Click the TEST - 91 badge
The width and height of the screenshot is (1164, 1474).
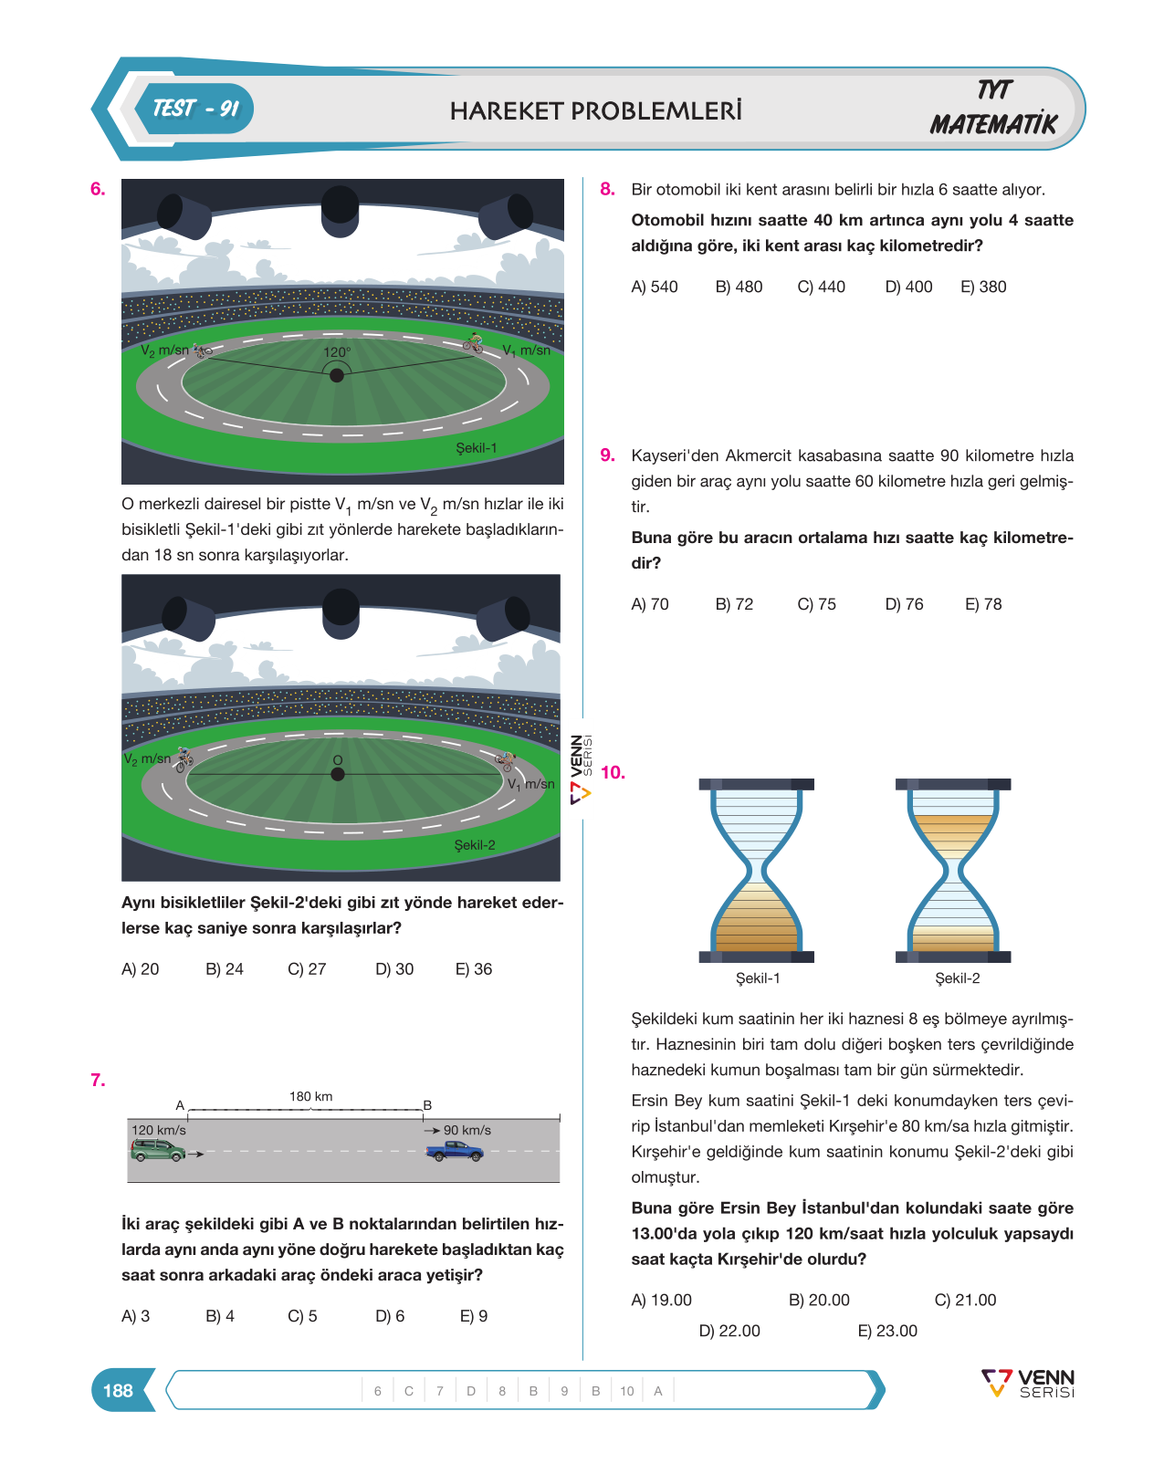[x=194, y=109]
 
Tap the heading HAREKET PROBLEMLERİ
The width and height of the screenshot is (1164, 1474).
[x=595, y=110]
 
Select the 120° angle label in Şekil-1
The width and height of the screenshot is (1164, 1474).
[x=336, y=352]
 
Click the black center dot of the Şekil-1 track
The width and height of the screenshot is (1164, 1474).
[x=336, y=375]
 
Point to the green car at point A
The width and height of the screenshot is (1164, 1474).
[x=158, y=1150]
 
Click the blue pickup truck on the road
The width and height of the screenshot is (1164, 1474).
[x=455, y=1152]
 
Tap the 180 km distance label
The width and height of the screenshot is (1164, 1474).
[x=310, y=1096]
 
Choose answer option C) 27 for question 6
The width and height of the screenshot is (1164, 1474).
[x=307, y=969]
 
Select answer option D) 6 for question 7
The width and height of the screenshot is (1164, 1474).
[x=390, y=1316]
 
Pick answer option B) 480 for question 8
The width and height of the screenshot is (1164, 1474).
[x=739, y=287]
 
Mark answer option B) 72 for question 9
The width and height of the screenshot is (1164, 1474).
[x=734, y=604]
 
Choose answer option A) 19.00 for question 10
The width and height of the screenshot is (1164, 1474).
[x=661, y=1300]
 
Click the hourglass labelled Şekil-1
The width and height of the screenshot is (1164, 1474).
[x=756, y=871]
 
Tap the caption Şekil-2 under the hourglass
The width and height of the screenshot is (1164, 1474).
[x=957, y=978]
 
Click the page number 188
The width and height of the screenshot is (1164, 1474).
[x=118, y=1390]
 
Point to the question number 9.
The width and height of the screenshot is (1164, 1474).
[x=608, y=455]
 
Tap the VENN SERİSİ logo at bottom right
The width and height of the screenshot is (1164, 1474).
[x=1028, y=1383]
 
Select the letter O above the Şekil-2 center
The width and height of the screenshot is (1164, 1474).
[x=337, y=760]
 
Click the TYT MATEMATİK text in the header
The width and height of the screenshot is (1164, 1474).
[x=994, y=109]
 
